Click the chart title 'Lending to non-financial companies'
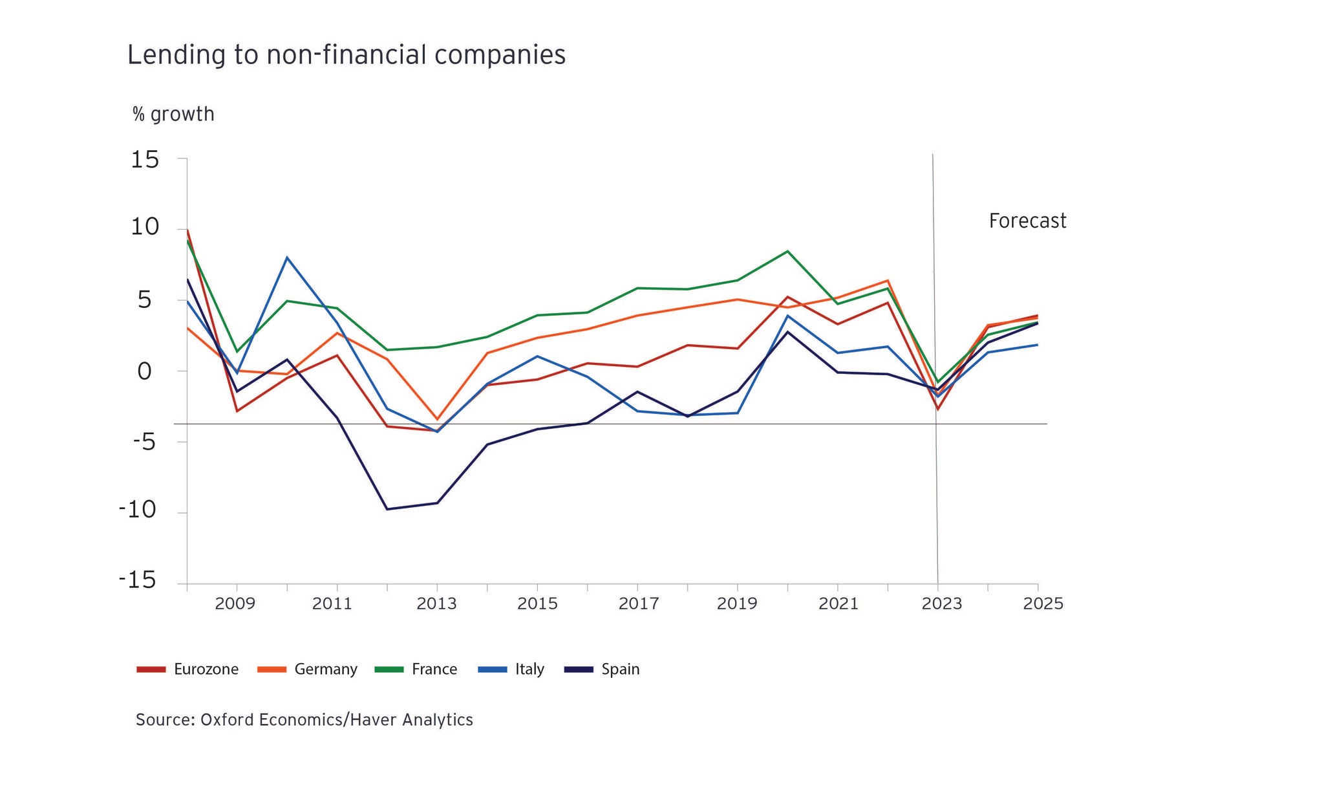tap(346, 55)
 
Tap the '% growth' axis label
tap(173, 115)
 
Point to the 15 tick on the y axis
tap(145, 159)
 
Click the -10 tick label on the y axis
tap(138, 510)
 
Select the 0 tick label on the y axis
tap(144, 371)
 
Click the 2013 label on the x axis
tap(436, 604)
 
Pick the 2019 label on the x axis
tap(737, 604)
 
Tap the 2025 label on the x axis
tap(1043, 604)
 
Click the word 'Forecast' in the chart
tap(1027, 221)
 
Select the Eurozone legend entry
tap(187, 669)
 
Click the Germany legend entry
tap(307, 669)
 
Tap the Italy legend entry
tap(511, 669)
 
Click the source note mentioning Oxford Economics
tap(304, 720)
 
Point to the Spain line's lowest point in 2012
tap(387, 509)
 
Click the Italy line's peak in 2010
tap(287, 257)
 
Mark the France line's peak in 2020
tap(787, 251)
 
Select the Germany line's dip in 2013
tap(437, 419)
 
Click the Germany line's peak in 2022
tap(888, 281)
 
